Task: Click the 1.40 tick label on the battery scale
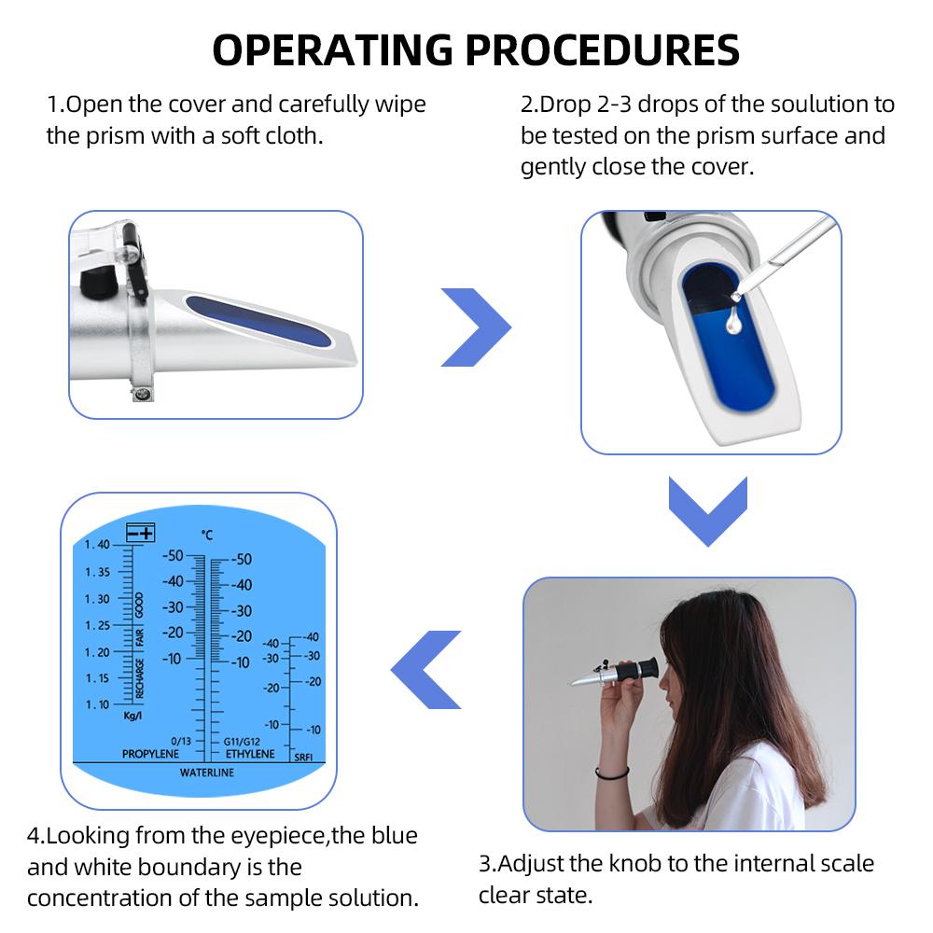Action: [x=97, y=545]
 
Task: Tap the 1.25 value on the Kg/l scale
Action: [x=97, y=625]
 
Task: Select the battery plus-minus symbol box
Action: [x=142, y=532]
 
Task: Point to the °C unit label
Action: [x=207, y=535]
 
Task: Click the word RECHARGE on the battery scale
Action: [x=140, y=678]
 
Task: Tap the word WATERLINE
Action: [x=207, y=773]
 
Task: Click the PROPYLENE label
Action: [x=150, y=753]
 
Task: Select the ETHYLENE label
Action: [x=250, y=753]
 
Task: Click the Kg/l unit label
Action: [x=132, y=716]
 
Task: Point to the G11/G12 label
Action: [x=242, y=741]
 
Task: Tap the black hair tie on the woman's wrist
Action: [x=612, y=773]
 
